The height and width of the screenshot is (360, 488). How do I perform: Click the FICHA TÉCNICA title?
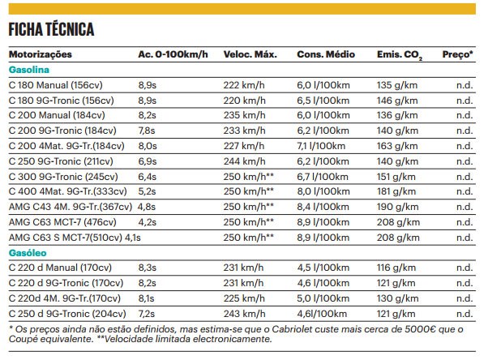click(52, 30)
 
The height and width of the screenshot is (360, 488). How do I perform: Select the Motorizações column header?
click(40, 55)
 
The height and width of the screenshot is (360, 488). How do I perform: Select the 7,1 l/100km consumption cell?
click(323, 146)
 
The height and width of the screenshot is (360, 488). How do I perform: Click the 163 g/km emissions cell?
click(396, 146)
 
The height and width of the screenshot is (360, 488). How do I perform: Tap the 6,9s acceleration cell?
click(147, 161)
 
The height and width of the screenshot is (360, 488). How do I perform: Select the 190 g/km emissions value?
click(396, 207)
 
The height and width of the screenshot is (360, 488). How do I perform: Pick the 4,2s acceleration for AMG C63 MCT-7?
click(147, 222)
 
